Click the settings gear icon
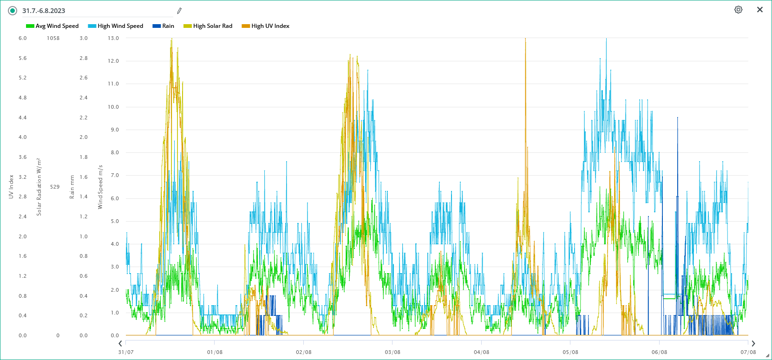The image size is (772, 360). [738, 10]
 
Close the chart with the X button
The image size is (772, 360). [760, 10]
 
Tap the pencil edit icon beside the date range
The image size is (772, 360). [179, 11]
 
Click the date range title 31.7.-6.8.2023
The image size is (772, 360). [44, 11]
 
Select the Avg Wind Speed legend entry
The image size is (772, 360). [52, 26]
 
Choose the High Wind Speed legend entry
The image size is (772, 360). [116, 26]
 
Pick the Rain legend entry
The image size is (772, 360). [164, 26]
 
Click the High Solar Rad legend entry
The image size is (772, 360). [208, 26]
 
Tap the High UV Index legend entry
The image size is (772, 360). [266, 26]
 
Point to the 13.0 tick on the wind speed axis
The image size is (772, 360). [113, 38]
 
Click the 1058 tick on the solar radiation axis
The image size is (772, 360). [53, 38]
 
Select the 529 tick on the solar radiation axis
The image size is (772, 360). [55, 187]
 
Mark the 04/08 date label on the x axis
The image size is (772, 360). [481, 352]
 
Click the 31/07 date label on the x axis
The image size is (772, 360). [126, 352]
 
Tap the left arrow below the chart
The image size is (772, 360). [120, 344]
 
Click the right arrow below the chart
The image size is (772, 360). [753, 344]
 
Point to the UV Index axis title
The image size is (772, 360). [11, 187]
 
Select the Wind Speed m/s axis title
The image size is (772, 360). [100, 187]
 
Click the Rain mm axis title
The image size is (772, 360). [72, 187]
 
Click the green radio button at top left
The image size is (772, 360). [13, 11]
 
